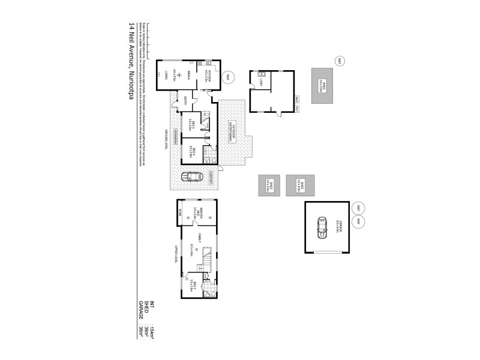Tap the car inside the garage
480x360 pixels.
point(323,227)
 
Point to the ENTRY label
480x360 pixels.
point(185,100)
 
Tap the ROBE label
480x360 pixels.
point(178,211)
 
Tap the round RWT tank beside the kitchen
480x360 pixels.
point(227,77)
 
